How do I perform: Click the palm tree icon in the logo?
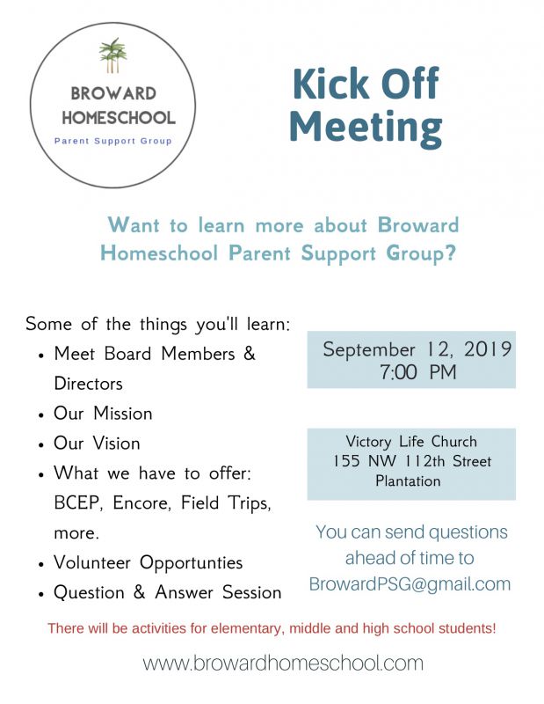pyautogui.click(x=112, y=55)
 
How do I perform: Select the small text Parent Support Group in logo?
pyautogui.click(x=113, y=140)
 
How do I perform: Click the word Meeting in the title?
pyautogui.click(x=366, y=126)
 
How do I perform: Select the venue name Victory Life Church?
pyautogui.click(x=411, y=442)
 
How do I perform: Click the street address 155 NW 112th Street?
pyautogui.click(x=411, y=461)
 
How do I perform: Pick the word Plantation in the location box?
pyautogui.click(x=411, y=481)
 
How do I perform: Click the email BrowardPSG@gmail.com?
pyautogui.click(x=410, y=583)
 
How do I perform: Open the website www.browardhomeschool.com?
pyautogui.click(x=283, y=663)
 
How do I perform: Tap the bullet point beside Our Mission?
pyautogui.click(x=41, y=414)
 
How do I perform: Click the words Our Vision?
pyautogui.click(x=97, y=443)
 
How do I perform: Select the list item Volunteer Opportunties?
pyautogui.click(x=148, y=562)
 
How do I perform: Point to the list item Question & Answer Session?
pyautogui.click(x=167, y=592)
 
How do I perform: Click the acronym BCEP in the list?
pyautogui.click(x=76, y=503)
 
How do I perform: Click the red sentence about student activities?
pyautogui.click(x=272, y=628)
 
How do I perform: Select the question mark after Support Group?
pyautogui.click(x=449, y=254)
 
